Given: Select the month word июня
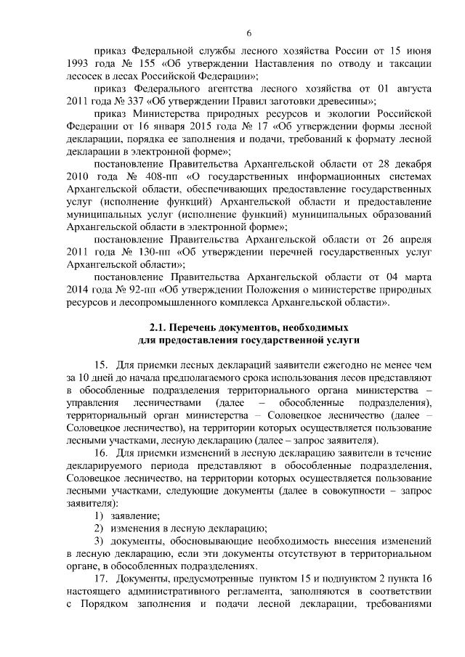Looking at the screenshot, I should click(x=418, y=51).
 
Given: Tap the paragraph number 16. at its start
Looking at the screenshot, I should click(x=102, y=452).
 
